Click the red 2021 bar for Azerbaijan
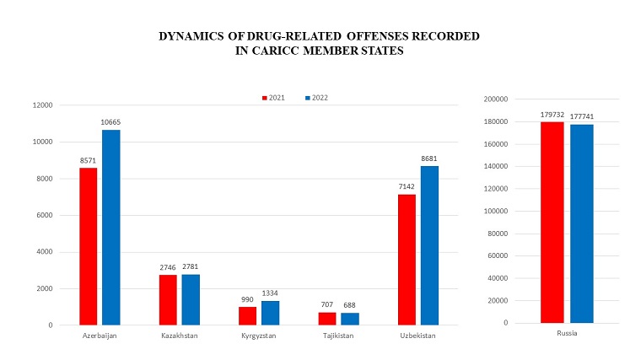tap(89, 246)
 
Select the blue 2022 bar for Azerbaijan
tap(110, 227)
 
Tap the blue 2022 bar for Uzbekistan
tap(429, 244)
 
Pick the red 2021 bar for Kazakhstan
tap(168, 299)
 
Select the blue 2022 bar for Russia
tap(582, 223)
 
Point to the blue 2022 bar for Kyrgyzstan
tap(270, 312)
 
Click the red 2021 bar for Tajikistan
tap(326, 318)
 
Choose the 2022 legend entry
tap(315, 98)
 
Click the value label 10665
tap(110, 122)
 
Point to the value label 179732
tap(552, 114)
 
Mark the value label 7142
tap(407, 186)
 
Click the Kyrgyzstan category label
tap(259, 336)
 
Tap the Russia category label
tap(566, 333)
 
